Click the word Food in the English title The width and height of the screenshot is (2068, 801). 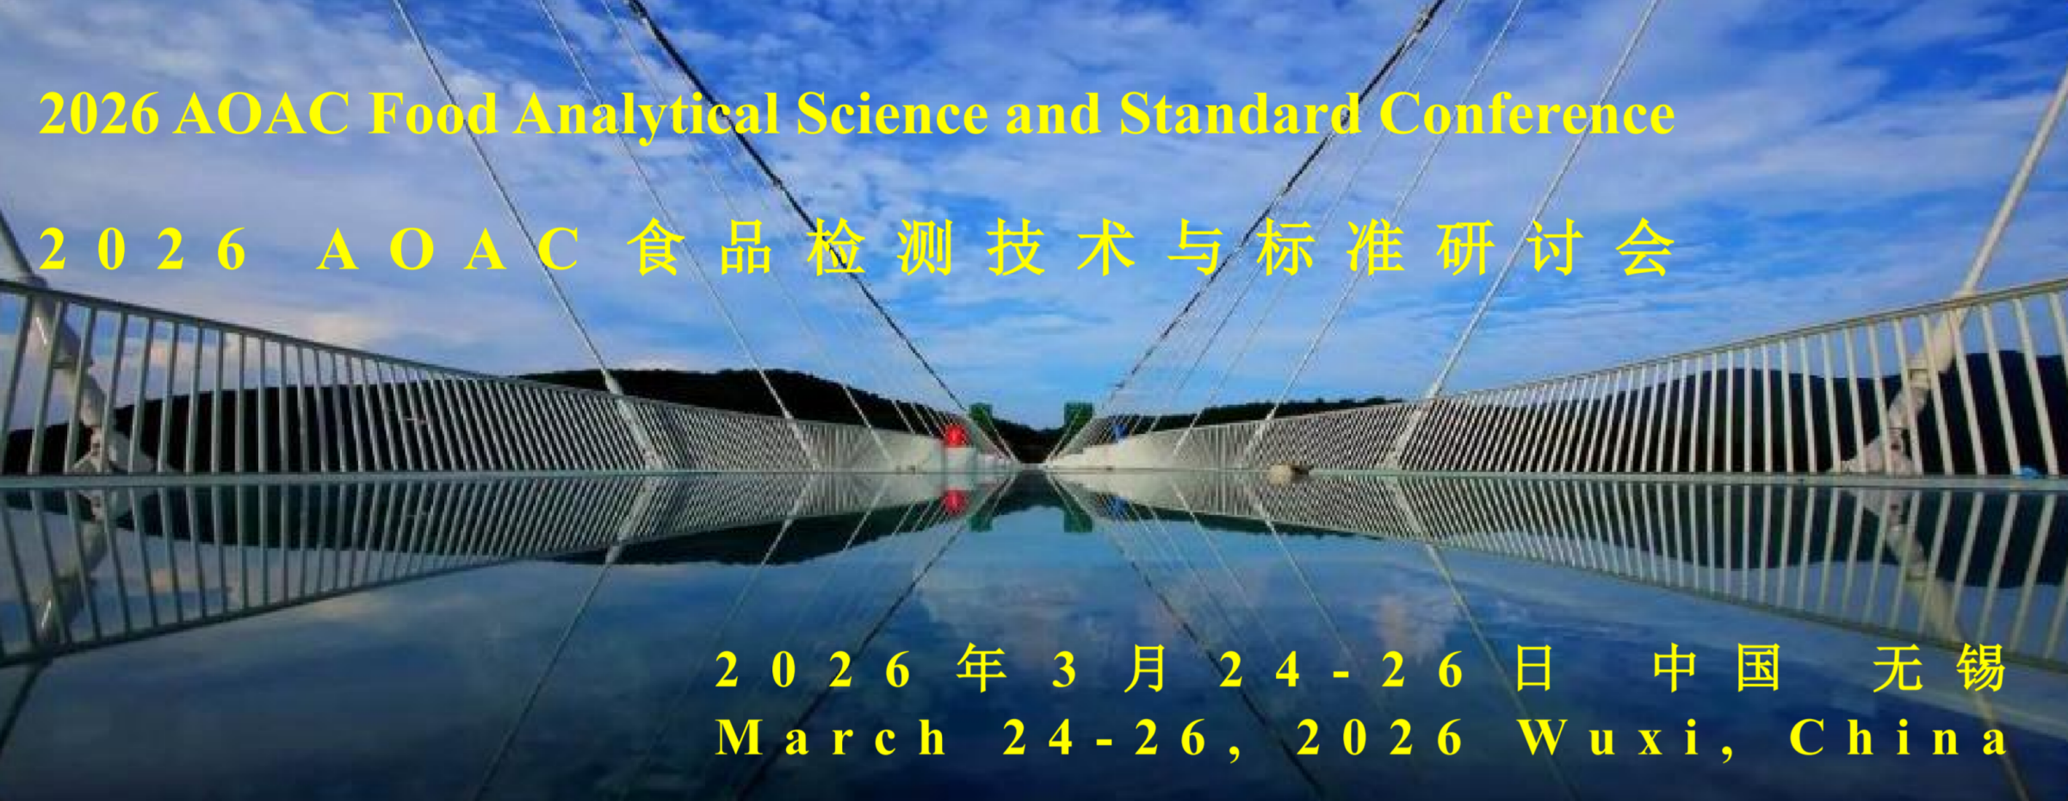coord(433,114)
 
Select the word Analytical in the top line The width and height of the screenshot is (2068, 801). coord(647,116)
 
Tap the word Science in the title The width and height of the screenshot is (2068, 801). coord(892,114)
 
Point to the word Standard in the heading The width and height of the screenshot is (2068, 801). coord(1240,114)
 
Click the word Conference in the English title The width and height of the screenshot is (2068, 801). coord(1526,114)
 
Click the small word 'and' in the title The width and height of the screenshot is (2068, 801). coord(1053,114)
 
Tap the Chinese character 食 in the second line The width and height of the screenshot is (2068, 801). coord(656,248)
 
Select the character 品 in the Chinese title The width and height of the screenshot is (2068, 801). coord(746,248)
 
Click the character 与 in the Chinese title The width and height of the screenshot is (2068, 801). coord(1196,248)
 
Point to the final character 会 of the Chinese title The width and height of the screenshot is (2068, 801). coord(1645,248)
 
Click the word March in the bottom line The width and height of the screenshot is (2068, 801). coord(831,739)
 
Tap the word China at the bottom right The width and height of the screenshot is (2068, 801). coord(1898,739)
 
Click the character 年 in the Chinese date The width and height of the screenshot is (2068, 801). coord(981,669)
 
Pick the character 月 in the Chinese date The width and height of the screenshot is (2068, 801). coord(1146,669)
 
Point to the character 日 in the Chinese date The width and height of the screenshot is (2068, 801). coord(1533,669)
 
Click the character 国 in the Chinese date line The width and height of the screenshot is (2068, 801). coord(1758,669)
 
